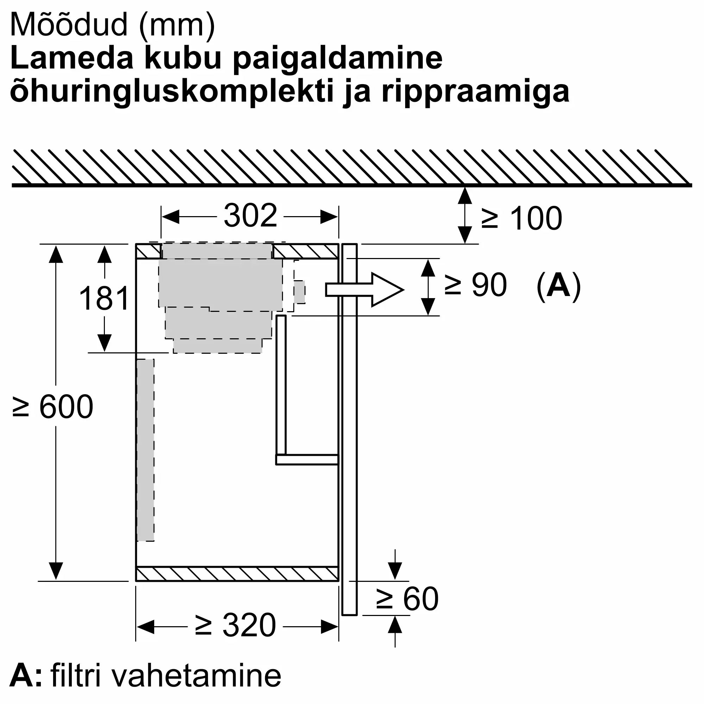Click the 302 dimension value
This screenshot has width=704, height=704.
250,216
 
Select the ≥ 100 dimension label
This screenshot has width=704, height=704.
521,218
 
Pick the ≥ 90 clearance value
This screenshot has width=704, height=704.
476,285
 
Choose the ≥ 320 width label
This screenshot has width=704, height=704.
235,625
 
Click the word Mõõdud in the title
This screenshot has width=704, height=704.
69,25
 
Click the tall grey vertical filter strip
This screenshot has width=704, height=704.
145,450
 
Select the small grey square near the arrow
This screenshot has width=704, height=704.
300,292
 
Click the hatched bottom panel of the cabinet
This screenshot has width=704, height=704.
237,574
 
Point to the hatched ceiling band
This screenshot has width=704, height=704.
352,167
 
